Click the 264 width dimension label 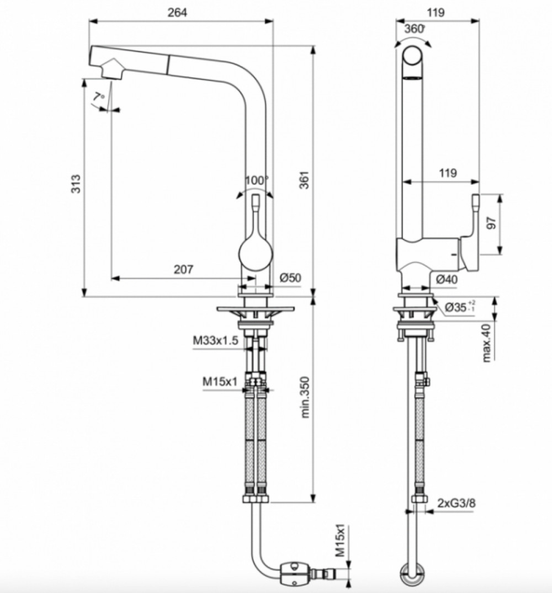tap(177, 13)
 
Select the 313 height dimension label tap(76, 184)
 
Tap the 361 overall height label tap(305, 180)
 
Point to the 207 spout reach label tap(183, 269)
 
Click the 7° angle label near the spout tap(98, 97)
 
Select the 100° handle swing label tap(256, 180)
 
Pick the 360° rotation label tap(415, 29)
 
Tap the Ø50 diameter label tap(290, 278)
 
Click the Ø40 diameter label tap(447, 280)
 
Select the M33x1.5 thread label tap(216, 340)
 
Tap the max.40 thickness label tap(486, 343)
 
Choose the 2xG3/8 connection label tap(457, 504)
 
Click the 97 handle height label tap(491, 223)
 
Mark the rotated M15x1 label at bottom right tap(341, 540)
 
